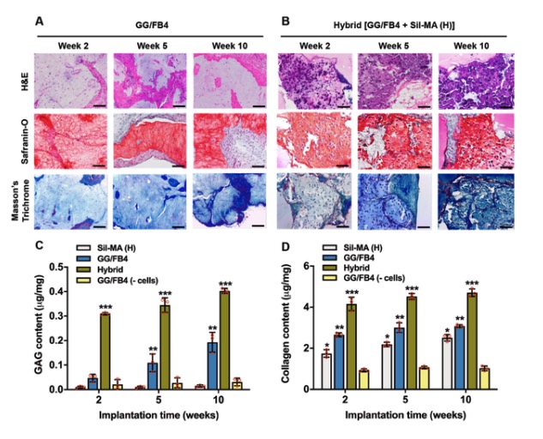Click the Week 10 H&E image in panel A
[219, 81]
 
